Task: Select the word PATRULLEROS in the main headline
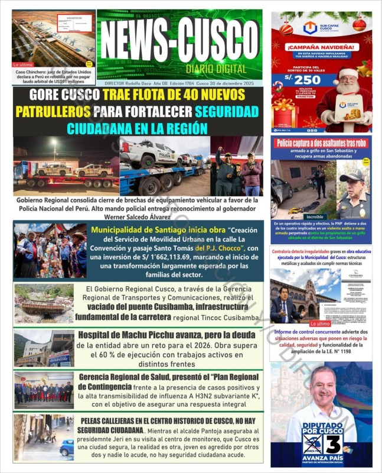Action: pyautogui.click(x=53, y=111)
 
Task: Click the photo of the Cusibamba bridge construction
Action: pyautogui.click(x=44, y=304)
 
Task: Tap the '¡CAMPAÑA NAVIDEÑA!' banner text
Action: pyautogui.click(x=321, y=46)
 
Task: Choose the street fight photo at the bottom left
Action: pyautogui.click(x=44, y=438)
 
